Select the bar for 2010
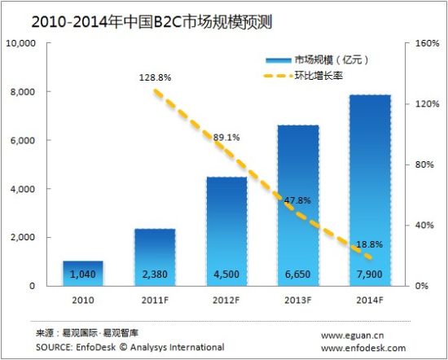click(83, 274)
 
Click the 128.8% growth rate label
click(155, 78)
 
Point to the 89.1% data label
click(226, 138)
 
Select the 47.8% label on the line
click(297, 200)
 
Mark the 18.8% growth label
click(368, 244)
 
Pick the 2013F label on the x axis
click(297, 301)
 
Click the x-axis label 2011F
click(155, 301)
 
